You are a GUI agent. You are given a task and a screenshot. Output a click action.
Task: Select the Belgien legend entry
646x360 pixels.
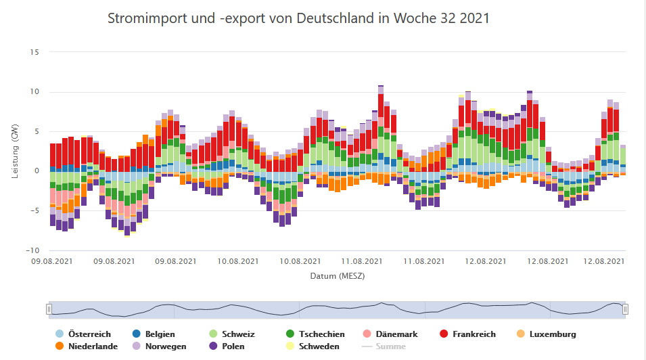click(x=159, y=334)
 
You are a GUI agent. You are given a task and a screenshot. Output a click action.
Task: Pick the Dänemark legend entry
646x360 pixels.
click(x=396, y=334)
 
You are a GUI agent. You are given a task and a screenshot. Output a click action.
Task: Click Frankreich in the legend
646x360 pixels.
click(x=474, y=334)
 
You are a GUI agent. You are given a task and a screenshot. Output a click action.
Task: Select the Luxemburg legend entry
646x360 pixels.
click(x=553, y=334)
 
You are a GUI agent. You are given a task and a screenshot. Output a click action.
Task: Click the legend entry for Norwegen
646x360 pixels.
click(x=165, y=346)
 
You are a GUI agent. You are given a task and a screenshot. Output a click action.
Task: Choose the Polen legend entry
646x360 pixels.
click(x=233, y=346)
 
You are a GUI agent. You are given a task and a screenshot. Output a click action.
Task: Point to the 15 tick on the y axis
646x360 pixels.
click(x=35, y=52)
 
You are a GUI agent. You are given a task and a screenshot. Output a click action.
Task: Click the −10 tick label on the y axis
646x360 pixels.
click(x=33, y=250)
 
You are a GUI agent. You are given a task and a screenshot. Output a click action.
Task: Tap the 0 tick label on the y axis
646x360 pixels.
click(x=37, y=171)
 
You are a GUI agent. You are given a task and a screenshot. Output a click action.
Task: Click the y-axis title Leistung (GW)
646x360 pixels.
click(x=15, y=151)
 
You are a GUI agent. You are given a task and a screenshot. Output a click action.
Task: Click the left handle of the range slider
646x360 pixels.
click(x=49, y=309)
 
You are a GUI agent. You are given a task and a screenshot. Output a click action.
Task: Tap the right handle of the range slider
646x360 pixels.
click(x=626, y=309)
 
